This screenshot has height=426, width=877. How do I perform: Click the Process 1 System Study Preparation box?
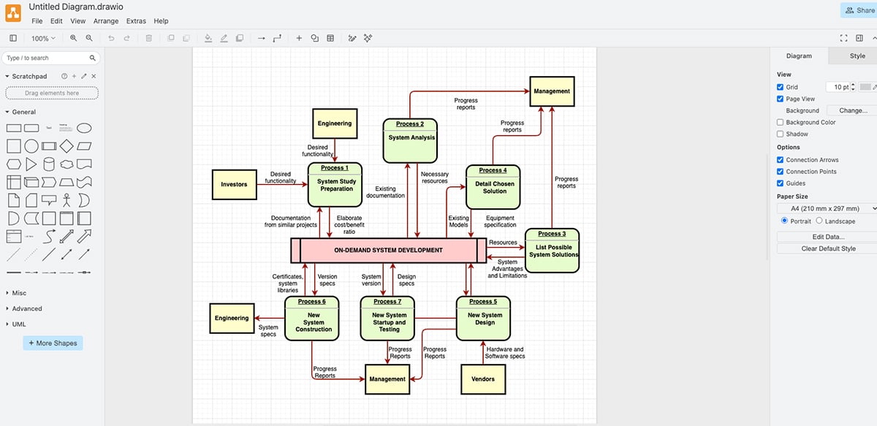335,185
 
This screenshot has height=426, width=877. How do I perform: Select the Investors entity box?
234,184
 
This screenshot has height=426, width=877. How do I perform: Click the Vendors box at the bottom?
482,379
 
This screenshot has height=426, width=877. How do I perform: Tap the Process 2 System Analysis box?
411,140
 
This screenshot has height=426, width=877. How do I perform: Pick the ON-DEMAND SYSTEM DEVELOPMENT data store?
388,250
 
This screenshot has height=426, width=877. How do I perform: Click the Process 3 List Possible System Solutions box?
552,251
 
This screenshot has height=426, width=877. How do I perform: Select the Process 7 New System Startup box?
388,319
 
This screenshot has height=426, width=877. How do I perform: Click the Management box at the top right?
551,91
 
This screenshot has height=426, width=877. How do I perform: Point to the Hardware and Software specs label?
504,352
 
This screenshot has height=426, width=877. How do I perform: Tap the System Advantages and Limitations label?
507,268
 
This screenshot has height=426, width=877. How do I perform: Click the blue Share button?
859,10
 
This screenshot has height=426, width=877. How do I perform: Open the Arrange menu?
106,21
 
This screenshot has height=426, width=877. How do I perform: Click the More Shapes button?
53,343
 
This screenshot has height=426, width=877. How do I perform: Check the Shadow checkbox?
780,134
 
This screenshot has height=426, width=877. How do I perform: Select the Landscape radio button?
819,221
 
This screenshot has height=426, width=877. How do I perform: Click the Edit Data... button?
828,237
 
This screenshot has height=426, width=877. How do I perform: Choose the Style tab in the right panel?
857,56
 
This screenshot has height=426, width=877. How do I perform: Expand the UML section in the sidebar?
19,324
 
